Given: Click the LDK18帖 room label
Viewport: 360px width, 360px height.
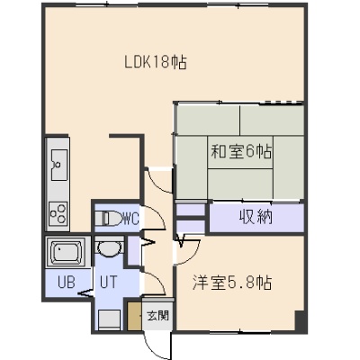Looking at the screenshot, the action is click(x=156, y=62).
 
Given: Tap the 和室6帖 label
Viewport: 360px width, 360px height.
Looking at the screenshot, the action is click(x=242, y=152).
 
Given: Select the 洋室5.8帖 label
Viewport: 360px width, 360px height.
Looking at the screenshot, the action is click(x=232, y=283).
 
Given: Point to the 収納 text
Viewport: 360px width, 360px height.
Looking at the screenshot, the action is click(x=256, y=217).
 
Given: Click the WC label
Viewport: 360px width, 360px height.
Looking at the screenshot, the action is click(x=131, y=219).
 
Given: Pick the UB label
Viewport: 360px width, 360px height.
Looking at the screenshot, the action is click(x=67, y=283).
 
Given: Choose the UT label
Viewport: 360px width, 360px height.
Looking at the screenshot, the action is click(x=108, y=283).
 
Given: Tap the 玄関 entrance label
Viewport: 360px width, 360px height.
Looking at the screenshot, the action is click(x=157, y=316).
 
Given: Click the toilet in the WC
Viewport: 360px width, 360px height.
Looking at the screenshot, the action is click(x=110, y=218).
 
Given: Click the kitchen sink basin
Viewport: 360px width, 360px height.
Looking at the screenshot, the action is click(x=59, y=165).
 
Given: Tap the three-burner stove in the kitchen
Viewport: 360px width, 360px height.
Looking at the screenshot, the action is click(x=58, y=212).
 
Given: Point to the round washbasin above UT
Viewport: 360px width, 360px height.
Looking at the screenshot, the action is click(x=109, y=248).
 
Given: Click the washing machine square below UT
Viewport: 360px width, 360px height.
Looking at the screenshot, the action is click(x=110, y=320).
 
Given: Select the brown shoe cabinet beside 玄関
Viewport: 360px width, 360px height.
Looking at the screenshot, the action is click(x=134, y=317).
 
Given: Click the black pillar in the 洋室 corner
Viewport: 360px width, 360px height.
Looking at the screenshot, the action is click(x=300, y=321).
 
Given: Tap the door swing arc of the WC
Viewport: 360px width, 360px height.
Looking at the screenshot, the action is click(x=158, y=214).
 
